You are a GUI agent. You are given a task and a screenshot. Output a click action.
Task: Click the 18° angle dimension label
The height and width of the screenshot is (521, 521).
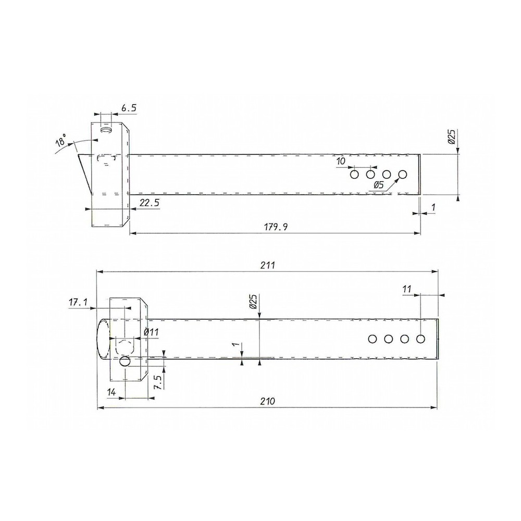(61, 141)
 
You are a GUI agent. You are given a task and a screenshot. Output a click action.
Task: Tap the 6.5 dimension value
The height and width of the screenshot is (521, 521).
(129, 108)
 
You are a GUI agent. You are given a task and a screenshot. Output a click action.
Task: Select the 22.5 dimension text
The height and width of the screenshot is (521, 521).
(148, 202)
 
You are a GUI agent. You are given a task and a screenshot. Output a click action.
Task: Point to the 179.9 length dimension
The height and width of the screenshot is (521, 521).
(276, 227)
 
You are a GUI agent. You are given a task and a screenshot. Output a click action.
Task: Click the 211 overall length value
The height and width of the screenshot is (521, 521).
(268, 265)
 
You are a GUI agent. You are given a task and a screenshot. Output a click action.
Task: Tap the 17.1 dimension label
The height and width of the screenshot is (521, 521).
(78, 302)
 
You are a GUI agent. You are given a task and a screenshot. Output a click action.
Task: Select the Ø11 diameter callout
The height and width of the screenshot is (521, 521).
(152, 332)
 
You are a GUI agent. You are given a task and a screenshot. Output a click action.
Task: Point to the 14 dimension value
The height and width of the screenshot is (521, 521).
(111, 392)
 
